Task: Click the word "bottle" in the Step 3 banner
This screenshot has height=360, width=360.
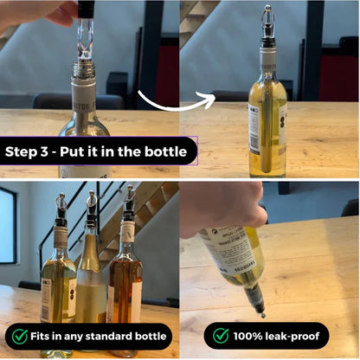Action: (x=166, y=151)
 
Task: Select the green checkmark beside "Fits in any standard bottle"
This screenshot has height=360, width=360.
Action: (x=20, y=336)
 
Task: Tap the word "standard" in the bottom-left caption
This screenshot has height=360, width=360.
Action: (x=112, y=336)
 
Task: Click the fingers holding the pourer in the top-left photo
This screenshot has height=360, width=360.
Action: (x=61, y=12)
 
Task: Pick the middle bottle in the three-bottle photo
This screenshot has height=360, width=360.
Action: (x=91, y=277)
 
